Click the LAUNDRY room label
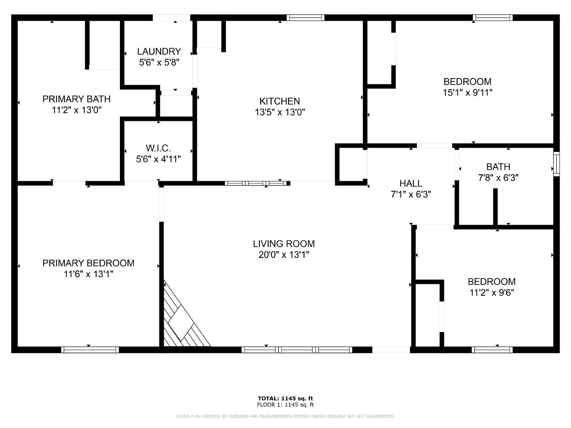click(x=159, y=51)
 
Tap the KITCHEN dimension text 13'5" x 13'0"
click(x=280, y=112)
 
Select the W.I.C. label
click(x=158, y=148)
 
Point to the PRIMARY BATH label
click(x=76, y=99)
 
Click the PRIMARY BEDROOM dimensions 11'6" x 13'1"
click(x=89, y=274)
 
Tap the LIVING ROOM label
click(x=284, y=244)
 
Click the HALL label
click(x=411, y=183)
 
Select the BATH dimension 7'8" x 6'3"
click(x=498, y=178)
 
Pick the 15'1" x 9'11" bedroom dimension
click(x=468, y=92)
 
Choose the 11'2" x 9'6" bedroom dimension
click(x=492, y=292)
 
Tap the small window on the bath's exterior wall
click(x=556, y=164)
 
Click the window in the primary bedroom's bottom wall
click(x=90, y=350)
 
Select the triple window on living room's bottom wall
click(x=297, y=350)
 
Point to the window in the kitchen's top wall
click(x=305, y=18)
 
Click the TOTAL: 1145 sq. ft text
click(x=285, y=398)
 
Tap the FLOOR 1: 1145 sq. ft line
click(x=285, y=404)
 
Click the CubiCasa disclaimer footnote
click(x=285, y=416)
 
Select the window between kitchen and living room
click(x=256, y=183)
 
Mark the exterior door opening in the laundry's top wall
click(x=171, y=18)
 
